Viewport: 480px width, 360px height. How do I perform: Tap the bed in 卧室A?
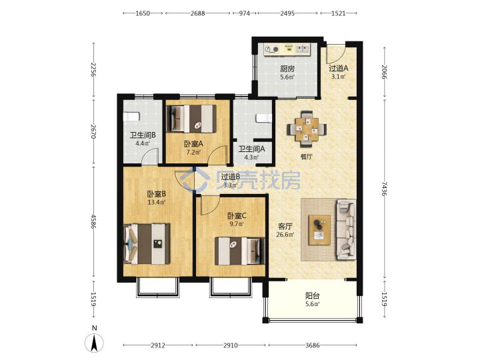point(191,119)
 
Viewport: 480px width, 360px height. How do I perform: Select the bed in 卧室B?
point(147,244)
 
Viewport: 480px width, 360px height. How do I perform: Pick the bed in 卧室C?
point(240,251)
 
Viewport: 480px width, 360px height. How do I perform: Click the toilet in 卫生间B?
point(131,117)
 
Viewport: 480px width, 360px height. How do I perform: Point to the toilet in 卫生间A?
point(264,118)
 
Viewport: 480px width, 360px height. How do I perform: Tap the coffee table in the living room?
point(319,230)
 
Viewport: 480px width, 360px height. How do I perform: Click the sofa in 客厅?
point(346,229)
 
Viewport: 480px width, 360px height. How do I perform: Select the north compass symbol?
point(94,342)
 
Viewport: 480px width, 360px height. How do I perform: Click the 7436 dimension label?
point(384,189)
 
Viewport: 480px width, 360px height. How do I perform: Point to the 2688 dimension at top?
point(198,13)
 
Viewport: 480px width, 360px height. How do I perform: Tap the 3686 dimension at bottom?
point(313,345)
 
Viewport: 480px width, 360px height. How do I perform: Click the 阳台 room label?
point(313,296)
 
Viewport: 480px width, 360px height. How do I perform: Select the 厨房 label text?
point(287,69)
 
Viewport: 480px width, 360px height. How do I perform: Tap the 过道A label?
point(339,68)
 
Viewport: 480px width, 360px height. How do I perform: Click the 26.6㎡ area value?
point(285,235)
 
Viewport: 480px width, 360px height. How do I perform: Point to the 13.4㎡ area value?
point(157,203)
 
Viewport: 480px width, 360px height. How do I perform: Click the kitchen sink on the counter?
point(303,49)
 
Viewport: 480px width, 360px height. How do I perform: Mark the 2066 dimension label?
point(384,72)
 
